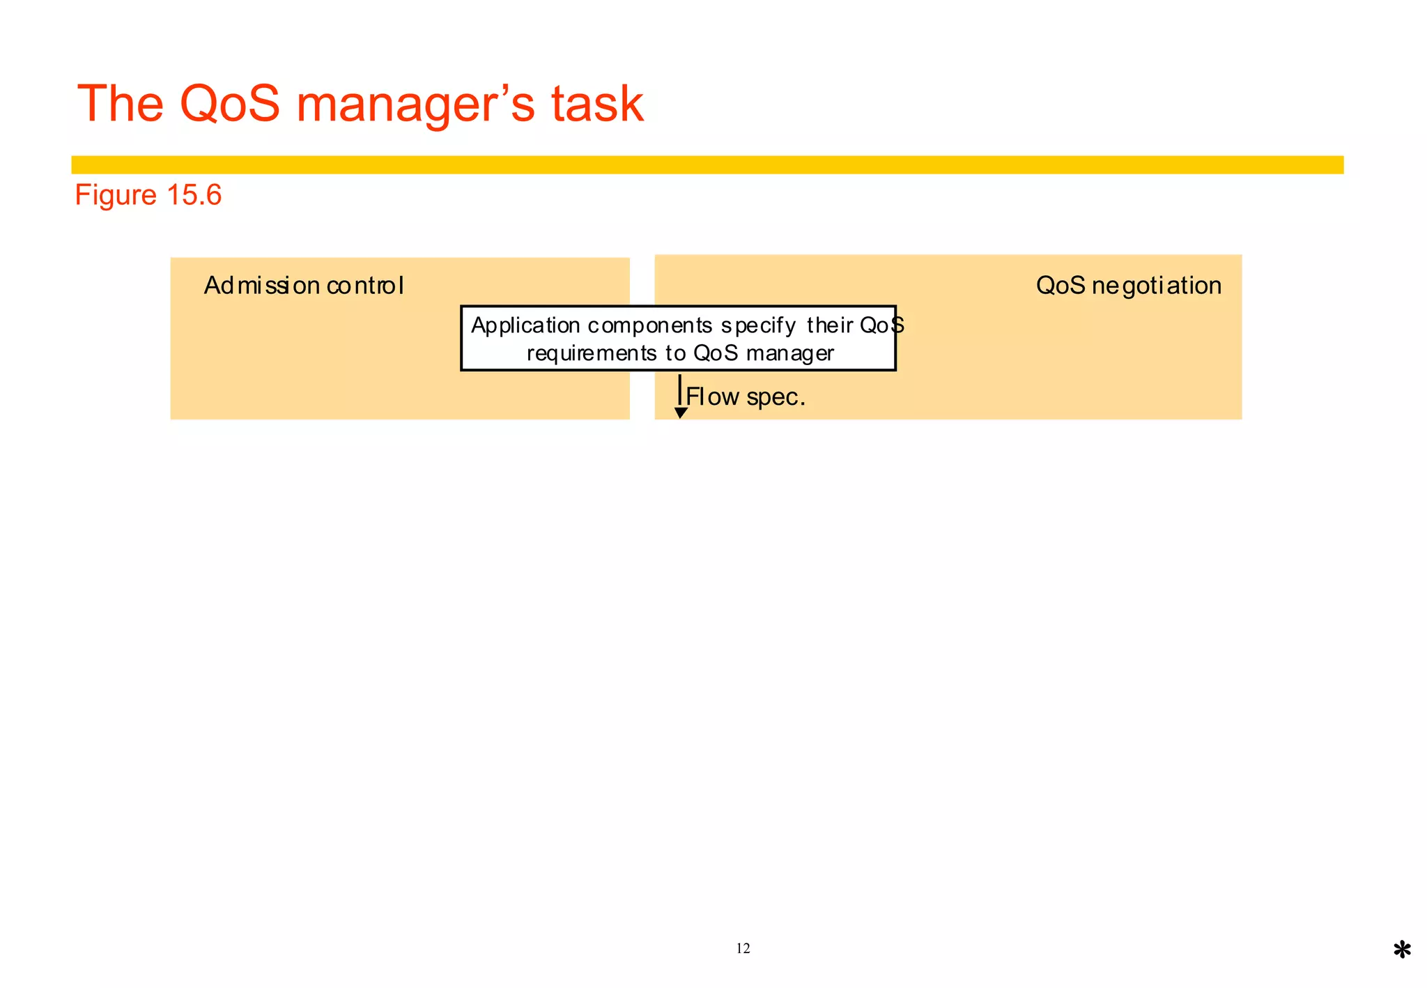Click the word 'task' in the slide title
(597, 104)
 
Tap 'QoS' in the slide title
(229, 104)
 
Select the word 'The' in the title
(120, 104)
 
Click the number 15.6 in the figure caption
(194, 195)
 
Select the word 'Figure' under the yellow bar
(116, 196)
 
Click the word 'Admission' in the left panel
(261, 286)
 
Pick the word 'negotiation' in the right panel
(1157, 286)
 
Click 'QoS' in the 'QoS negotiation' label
(1060, 286)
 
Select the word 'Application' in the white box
(525, 326)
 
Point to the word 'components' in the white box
(650, 326)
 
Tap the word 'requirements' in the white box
(592, 354)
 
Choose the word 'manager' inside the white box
(789, 354)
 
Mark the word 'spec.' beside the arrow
(776, 398)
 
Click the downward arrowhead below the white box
(681, 412)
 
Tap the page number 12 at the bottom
(743, 948)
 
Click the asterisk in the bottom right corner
(1402, 950)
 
